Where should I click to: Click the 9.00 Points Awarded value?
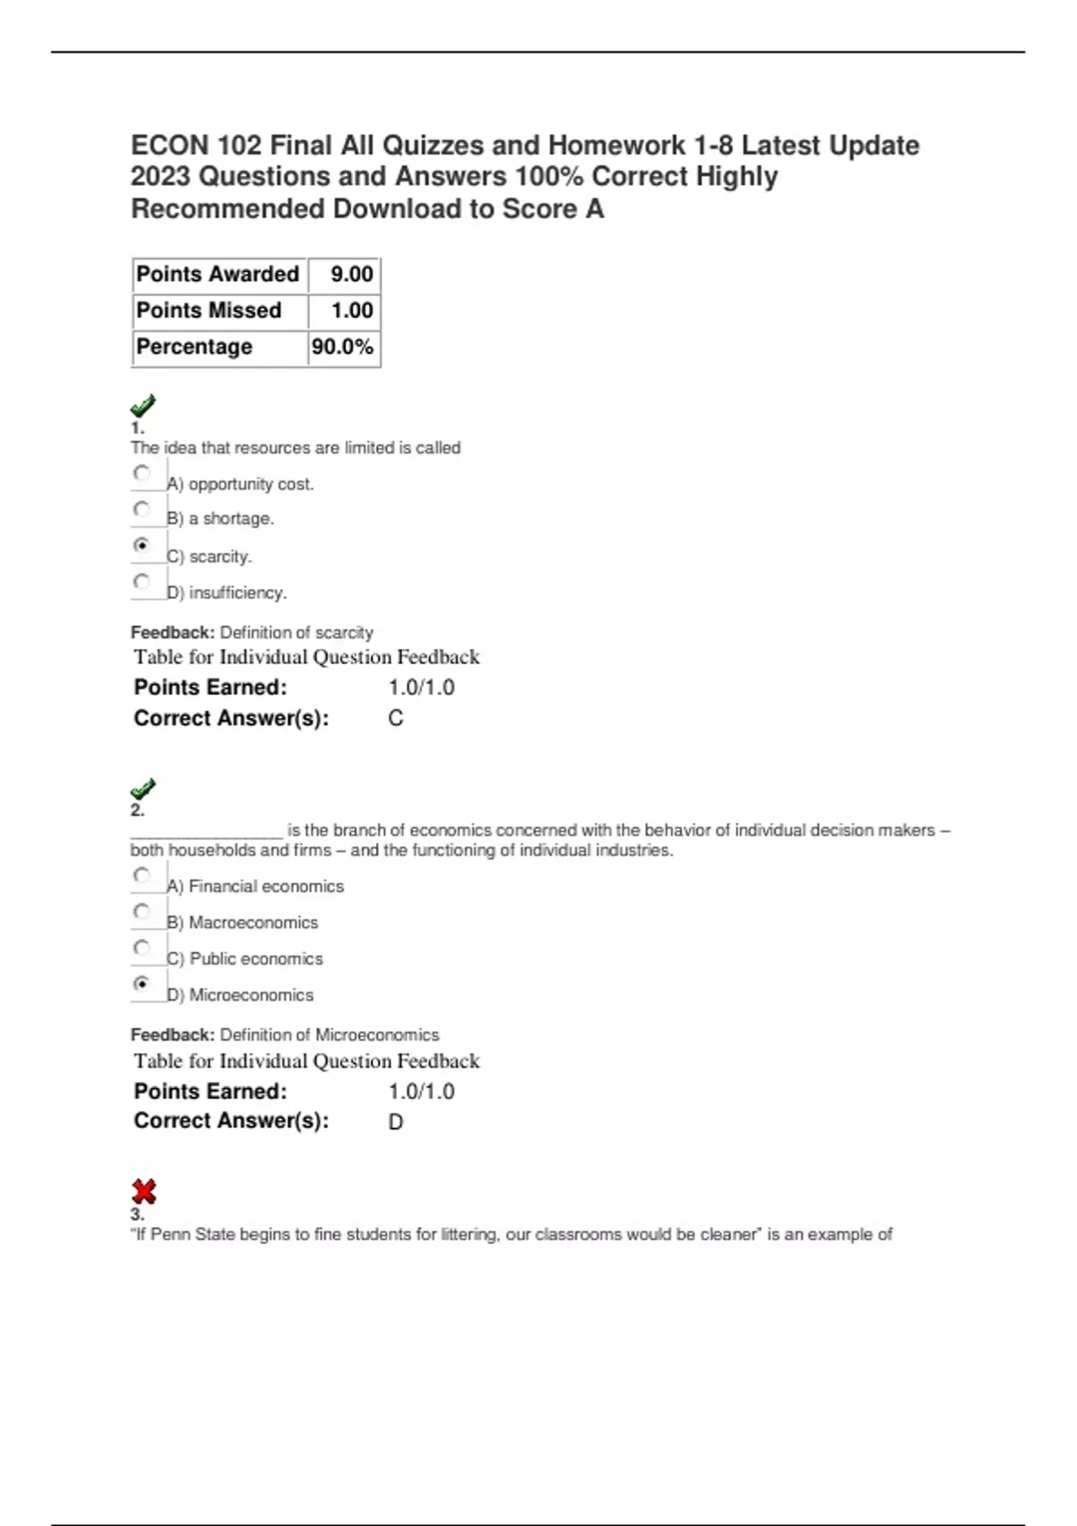(x=351, y=275)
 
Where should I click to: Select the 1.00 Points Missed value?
(x=351, y=311)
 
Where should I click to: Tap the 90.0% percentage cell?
(x=343, y=347)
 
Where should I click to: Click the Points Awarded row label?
(x=217, y=275)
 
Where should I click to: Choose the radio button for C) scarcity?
(x=141, y=545)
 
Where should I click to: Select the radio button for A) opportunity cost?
(x=141, y=473)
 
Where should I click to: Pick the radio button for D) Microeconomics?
(x=141, y=984)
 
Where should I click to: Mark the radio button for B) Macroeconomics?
(x=141, y=912)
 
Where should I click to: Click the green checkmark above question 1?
(x=143, y=406)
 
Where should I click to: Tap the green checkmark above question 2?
(x=143, y=789)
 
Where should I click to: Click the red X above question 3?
(x=144, y=1192)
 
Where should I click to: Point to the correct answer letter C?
(x=396, y=719)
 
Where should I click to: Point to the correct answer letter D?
(x=396, y=1122)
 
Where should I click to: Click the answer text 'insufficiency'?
(x=238, y=593)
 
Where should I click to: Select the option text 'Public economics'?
(x=256, y=960)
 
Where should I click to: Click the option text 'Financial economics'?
(x=266, y=887)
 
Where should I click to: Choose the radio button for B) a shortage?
(x=141, y=509)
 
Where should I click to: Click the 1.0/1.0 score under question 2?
(x=421, y=1092)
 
